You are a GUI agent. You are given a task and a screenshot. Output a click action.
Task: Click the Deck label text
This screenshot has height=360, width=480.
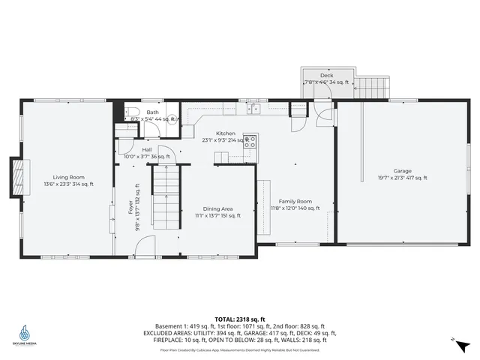point(326,76)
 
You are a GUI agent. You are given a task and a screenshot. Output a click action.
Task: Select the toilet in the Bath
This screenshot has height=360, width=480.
point(172,118)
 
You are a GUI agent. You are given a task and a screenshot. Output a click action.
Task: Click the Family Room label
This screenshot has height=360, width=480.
point(295,202)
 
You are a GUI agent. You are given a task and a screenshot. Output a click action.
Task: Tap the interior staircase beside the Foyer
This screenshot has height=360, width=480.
point(167,199)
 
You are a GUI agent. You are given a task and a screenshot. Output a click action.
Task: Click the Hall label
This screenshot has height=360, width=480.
point(147,149)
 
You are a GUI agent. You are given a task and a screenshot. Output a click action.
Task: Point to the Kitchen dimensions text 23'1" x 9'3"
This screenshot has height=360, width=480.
point(225,139)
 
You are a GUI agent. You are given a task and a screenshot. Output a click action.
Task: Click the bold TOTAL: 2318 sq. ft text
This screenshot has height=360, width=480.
point(240,319)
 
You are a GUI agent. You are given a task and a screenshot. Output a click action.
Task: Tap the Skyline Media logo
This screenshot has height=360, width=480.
point(25,335)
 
